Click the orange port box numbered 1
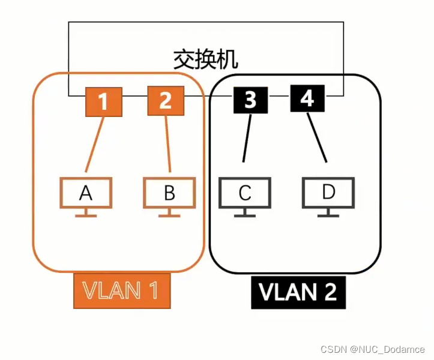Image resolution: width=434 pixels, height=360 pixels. pyautogui.click(x=103, y=101)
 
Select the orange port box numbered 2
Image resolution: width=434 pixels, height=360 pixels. pyautogui.click(x=165, y=101)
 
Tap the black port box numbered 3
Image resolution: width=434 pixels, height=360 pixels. pyautogui.click(x=250, y=99)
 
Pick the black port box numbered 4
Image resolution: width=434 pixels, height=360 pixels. pyautogui.click(x=307, y=98)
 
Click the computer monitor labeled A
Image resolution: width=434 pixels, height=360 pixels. pyautogui.click(x=86, y=193)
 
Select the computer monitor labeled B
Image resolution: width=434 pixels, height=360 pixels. pyautogui.click(x=170, y=193)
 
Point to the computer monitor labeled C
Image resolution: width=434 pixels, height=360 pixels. pyautogui.click(x=245, y=193)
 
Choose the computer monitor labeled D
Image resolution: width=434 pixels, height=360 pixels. pyautogui.click(x=328, y=192)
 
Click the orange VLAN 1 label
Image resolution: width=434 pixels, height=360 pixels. pyautogui.click(x=121, y=291)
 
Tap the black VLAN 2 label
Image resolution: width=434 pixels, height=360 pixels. pyautogui.click(x=298, y=291)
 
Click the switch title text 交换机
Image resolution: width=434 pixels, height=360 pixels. pyautogui.click(x=206, y=59)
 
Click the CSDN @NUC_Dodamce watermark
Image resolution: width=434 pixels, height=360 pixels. pyautogui.click(x=372, y=349)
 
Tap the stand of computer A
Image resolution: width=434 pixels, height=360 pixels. pyautogui.click(x=86, y=213)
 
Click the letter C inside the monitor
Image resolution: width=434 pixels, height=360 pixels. pyautogui.click(x=245, y=193)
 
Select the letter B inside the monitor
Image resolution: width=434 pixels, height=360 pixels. pyautogui.click(x=170, y=193)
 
